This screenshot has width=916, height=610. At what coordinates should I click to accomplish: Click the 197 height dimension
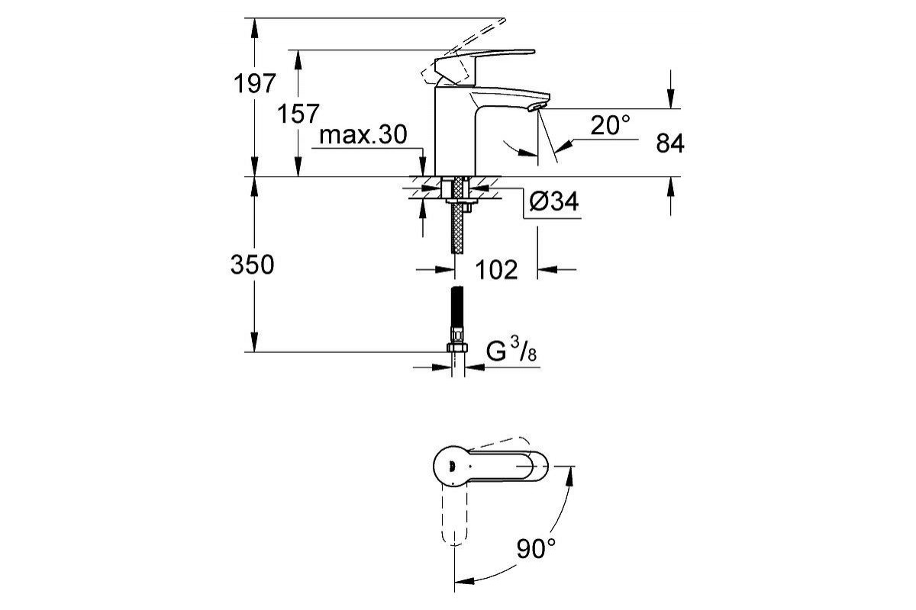[x=255, y=83]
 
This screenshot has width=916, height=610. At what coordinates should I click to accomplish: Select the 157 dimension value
[x=298, y=114]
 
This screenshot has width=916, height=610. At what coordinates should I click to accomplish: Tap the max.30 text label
[x=363, y=135]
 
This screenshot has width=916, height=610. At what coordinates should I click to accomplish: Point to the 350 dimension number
[x=253, y=265]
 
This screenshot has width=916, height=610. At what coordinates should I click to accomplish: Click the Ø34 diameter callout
[x=554, y=201]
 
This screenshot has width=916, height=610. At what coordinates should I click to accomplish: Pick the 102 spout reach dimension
[x=496, y=270]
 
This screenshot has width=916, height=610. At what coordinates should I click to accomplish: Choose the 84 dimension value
[x=670, y=144]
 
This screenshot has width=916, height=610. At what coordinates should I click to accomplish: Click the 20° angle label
[x=611, y=125]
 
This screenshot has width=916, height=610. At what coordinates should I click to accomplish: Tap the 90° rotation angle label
[x=536, y=548]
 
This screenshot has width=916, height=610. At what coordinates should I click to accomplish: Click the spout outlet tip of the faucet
[x=537, y=107]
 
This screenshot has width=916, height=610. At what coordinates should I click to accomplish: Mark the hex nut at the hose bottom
[x=457, y=348]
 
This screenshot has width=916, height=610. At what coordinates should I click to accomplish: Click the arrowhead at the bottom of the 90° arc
[x=464, y=581]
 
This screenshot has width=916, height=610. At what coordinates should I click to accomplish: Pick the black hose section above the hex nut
[x=457, y=306]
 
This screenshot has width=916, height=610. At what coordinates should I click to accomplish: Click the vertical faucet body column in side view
[x=455, y=130]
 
